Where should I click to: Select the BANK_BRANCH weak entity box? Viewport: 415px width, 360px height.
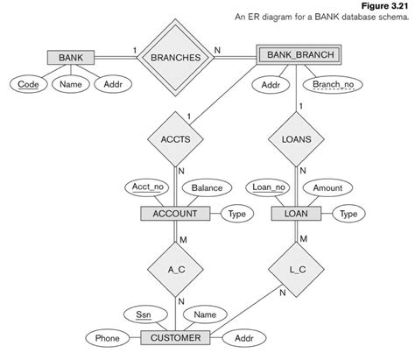(296, 55)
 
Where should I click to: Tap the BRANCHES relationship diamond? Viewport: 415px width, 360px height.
(175, 57)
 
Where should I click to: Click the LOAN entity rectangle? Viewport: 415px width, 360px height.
(295, 214)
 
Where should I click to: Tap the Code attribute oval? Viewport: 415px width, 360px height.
(28, 85)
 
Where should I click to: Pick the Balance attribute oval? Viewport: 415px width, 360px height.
(206, 187)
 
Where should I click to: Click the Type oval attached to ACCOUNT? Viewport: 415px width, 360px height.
(236, 214)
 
